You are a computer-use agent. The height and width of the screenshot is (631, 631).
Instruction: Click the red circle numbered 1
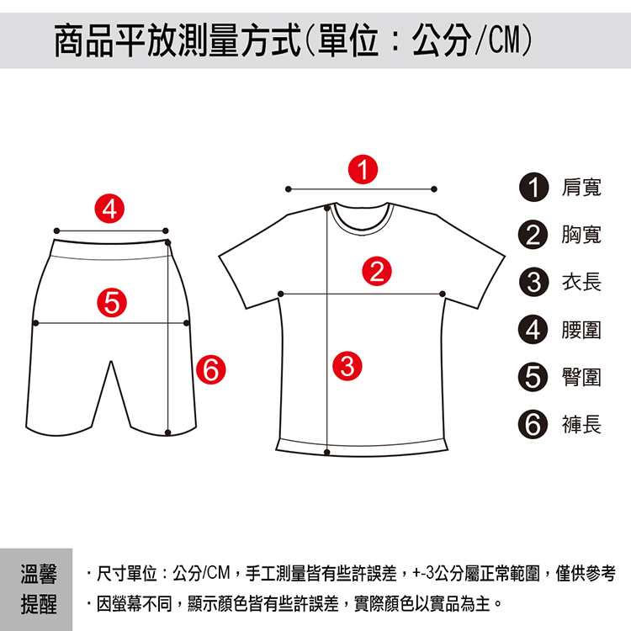tap(363, 169)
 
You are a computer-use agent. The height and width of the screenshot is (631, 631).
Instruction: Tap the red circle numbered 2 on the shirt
tap(377, 271)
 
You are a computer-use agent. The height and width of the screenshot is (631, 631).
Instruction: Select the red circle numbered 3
tap(347, 366)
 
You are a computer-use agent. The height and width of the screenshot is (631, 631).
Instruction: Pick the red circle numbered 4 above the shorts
tap(109, 209)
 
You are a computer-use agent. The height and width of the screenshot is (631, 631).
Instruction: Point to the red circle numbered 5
tap(112, 303)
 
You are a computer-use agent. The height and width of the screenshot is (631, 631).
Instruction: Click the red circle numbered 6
tap(211, 369)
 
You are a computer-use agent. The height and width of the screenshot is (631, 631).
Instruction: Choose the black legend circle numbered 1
tap(533, 187)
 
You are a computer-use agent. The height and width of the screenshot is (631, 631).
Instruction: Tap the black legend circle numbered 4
tap(533, 330)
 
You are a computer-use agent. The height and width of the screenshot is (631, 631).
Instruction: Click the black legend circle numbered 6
tap(533, 424)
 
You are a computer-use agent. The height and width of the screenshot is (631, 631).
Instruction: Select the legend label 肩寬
tap(581, 188)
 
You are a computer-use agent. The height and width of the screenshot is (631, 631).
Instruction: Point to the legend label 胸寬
tap(581, 235)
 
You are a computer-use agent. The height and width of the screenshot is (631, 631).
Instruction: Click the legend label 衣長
tap(581, 282)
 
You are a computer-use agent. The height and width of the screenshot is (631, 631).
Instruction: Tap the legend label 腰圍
tap(581, 330)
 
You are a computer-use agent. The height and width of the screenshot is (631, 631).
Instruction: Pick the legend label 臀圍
tap(581, 378)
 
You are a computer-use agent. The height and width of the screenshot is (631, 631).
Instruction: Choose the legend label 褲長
tap(581, 425)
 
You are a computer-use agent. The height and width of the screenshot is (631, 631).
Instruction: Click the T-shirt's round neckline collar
tap(362, 231)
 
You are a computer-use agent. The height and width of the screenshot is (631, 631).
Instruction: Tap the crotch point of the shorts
tap(111, 362)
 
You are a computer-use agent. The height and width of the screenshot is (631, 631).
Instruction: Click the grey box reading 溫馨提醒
tap(36, 589)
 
